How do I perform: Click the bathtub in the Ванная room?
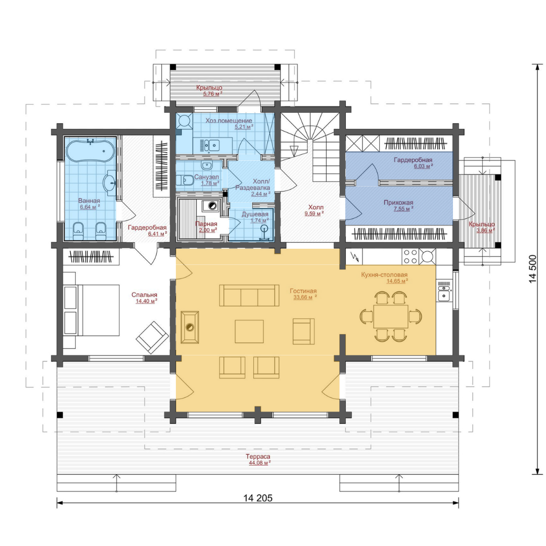tap(90, 151)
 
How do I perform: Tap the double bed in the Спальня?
tap(92, 310)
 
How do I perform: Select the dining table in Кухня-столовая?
tap(391, 316)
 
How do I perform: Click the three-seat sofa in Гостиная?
tap(249, 295)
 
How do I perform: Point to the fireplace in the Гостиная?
tap(190, 327)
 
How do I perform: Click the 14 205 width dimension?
tap(258, 498)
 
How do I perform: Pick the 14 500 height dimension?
tap(533, 269)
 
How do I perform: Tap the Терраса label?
tap(258, 457)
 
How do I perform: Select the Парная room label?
tap(206, 224)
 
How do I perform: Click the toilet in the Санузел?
tap(185, 180)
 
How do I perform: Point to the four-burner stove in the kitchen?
tap(410, 257)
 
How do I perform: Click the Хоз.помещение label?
tap(229, 120)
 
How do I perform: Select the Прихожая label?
tap(398, 202)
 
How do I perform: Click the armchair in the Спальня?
tap(152, 337)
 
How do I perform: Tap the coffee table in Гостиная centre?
tap(249, 332)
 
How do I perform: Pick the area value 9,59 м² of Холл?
tap(314, 213)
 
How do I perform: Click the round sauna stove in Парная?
tap(212, 206)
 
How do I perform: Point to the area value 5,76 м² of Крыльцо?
tap(212, 94)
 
